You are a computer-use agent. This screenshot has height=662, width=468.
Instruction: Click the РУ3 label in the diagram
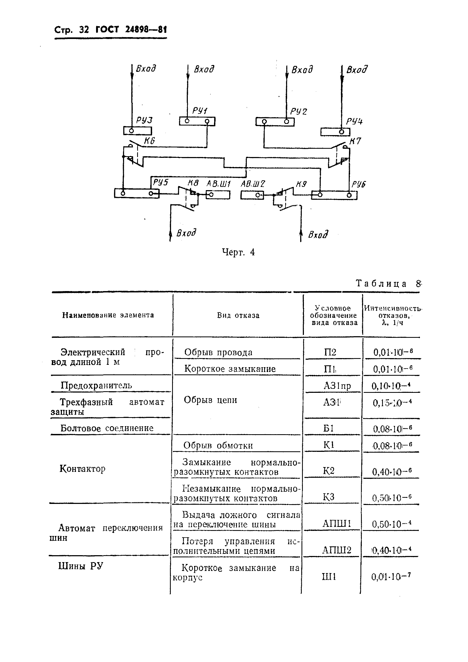144,120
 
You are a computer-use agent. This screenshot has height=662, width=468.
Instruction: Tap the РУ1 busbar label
200,111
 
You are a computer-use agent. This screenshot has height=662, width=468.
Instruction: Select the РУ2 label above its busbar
299,111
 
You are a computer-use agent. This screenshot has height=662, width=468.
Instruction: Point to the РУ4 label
354,121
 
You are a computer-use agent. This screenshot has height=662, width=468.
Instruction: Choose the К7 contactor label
355,141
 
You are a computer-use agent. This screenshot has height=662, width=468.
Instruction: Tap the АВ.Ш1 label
219,184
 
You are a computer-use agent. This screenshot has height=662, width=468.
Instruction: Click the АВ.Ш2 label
253,184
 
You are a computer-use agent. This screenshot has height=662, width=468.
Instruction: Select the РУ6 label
359,184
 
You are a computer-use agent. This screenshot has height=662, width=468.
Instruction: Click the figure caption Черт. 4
238,252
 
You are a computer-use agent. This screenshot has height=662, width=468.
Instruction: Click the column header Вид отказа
238,315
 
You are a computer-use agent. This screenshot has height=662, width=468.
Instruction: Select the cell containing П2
330,352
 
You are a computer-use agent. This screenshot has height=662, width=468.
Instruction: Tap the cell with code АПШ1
336,524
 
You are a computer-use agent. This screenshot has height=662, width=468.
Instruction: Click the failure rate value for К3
392,498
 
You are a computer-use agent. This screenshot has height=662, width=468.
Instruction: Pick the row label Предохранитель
96,385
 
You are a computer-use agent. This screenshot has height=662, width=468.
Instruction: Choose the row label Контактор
82,469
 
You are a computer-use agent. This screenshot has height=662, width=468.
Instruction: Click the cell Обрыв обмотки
218,446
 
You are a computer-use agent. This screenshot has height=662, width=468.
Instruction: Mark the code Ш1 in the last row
329,577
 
